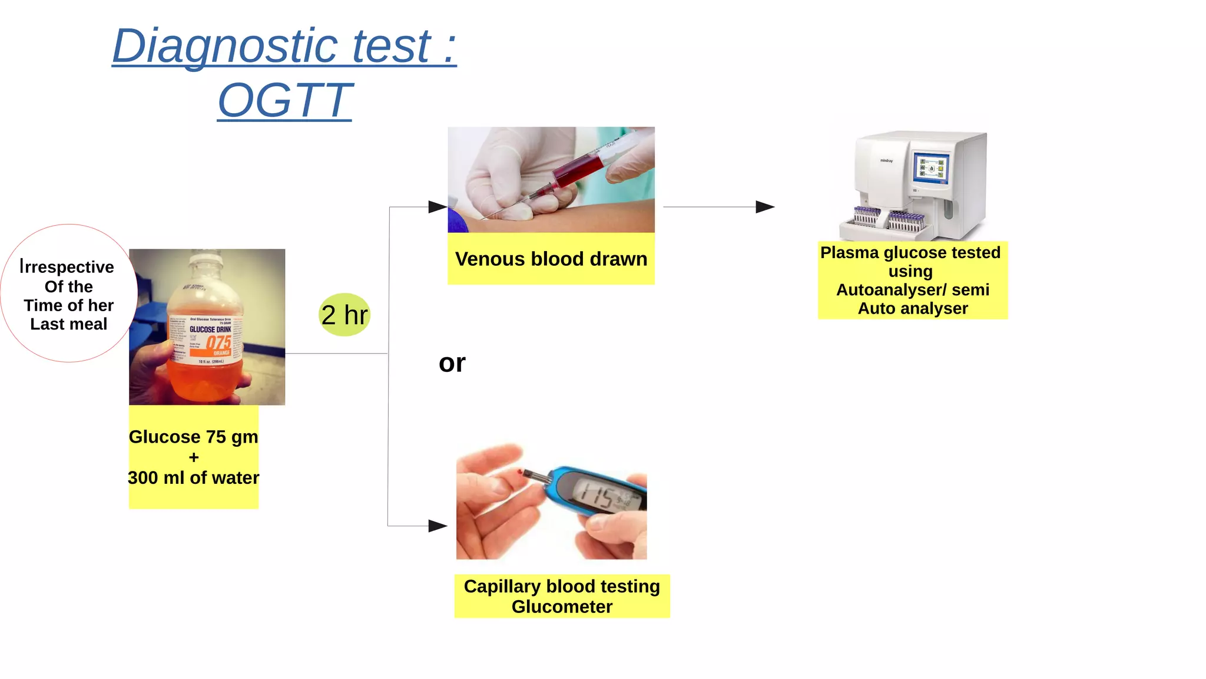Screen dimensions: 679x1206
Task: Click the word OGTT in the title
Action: [x=285, y=100]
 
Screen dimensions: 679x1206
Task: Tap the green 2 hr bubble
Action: [x=344, y=315]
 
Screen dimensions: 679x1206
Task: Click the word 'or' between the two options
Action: [x=452, y=363]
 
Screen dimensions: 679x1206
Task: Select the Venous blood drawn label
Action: [x=551, y=259]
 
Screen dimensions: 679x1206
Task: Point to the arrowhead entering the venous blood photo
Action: [x=438, y=207]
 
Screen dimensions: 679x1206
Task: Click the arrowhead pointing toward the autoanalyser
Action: [x=765, y=207]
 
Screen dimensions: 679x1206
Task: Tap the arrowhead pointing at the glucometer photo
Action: [x=438, y=526]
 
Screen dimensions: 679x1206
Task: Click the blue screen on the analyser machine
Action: [x=932, y=167]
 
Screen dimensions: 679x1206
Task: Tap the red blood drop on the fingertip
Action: [x=519, y=473]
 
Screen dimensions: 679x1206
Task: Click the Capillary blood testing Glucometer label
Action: [x=562, y=596]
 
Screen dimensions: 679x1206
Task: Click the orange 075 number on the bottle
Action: [x=218, y=342]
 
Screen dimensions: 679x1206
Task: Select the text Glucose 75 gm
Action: [x=193, y=437]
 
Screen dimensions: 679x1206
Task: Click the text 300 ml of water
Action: [x=193, y=477]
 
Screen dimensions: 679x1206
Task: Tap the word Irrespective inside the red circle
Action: [x=67, y=267]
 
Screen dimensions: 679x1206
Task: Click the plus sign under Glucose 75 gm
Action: [x=194, y=457]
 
